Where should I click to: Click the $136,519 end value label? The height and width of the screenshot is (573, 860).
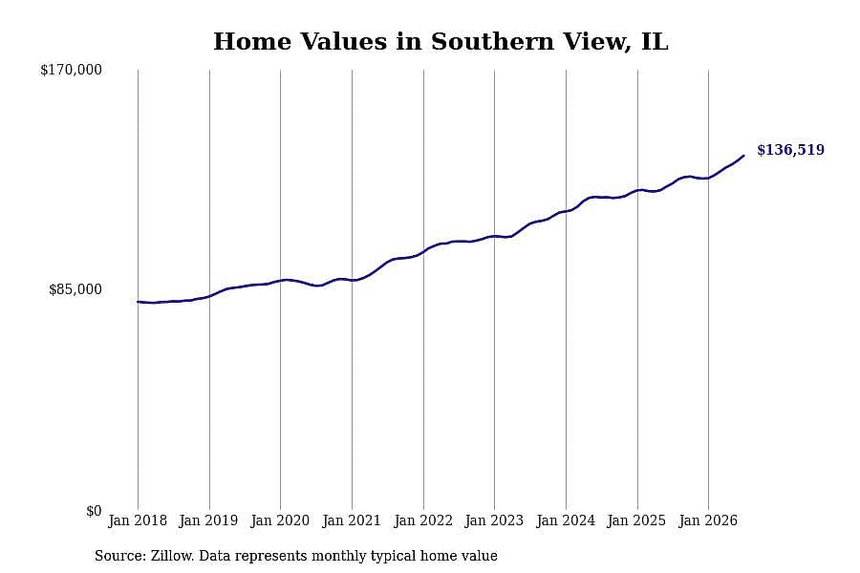(x=790, y=150)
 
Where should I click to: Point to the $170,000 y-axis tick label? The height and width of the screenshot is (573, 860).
(x=71, y=70)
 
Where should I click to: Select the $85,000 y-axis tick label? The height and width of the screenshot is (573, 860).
(x=75, y=289)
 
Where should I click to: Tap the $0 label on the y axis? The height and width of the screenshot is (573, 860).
(x=94, y=511)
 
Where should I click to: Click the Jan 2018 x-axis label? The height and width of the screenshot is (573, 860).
(x=138, y=520)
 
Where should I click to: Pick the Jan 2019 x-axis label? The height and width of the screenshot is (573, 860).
(x=208, y=520)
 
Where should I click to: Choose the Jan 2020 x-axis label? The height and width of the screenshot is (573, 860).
(x=280, y=520)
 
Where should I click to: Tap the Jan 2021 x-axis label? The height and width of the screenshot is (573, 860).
(x=352, y=520)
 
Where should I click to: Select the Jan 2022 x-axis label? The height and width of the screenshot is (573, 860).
(x=423, y=520)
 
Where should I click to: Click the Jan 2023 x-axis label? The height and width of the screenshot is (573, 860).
(x=494, y=520)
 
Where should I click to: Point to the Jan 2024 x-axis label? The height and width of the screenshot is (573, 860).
(x=566, y=520)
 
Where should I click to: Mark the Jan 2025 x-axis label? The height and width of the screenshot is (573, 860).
(x=636, y=520)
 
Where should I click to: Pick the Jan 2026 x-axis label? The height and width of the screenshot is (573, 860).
(x=708, y=520)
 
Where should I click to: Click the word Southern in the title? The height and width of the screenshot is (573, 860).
(x=492, y=42)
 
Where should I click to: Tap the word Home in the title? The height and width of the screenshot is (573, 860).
(x=252, y=42)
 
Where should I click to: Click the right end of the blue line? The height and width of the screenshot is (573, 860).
(x=743, y=156)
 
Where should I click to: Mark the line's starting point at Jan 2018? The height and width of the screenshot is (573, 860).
(x=138, y=302)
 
